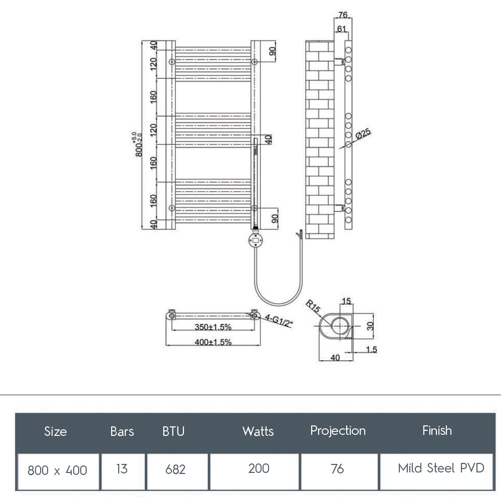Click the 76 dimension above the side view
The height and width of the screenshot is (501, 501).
(343, 15)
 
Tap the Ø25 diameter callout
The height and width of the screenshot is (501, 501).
(363, 134)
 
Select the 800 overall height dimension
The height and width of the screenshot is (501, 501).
(139, 145)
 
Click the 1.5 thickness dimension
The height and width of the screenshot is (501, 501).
(371, 350)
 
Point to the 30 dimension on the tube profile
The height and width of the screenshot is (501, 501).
(371, 326)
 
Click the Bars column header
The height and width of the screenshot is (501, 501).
(122, 431)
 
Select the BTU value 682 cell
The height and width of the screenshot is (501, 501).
(175, 469)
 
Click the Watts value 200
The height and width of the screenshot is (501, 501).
(259, 468)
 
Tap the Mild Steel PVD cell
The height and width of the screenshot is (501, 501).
(441, 468)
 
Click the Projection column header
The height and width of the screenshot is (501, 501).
(338, 431)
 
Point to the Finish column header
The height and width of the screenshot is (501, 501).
(437, 431)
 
